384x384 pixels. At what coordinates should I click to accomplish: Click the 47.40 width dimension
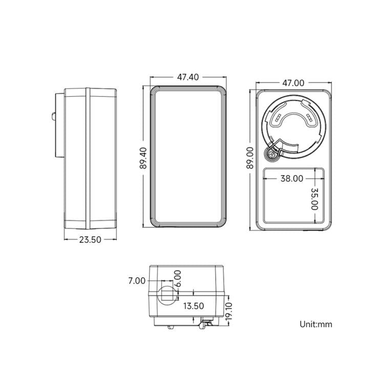[x=188, y=77]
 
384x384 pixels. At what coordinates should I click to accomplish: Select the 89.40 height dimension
[x=143, y=158]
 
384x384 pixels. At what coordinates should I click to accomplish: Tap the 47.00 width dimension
[x=293, y=83]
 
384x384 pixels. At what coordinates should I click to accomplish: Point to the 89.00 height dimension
[x=250, y=158]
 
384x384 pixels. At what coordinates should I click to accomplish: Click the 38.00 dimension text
[x=292, y=179]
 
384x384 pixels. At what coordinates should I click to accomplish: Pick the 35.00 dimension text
[x=314, y=199]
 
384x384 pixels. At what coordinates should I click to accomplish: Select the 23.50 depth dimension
[x=90, y=240]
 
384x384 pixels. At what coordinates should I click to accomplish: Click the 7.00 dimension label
[x=137, y=281]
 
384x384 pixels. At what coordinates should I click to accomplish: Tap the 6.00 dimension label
[x=178, y=279]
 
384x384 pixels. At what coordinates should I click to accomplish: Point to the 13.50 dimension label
[x=194, y=306]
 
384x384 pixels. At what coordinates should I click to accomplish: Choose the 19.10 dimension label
[x=228, y=311]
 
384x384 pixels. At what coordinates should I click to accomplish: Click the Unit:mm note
[x=316, y=324]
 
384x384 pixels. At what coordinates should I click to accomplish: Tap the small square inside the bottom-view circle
[x=168, y=294]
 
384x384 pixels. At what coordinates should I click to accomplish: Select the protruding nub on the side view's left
[x=53, y=116]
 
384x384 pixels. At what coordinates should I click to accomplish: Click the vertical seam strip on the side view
[x=88, y=158]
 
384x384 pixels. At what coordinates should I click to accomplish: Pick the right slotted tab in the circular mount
[x=309, y=118]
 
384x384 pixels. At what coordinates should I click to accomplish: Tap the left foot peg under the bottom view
[x=170, y=327]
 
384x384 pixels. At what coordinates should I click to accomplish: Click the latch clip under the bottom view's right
[x=205, y=323]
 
